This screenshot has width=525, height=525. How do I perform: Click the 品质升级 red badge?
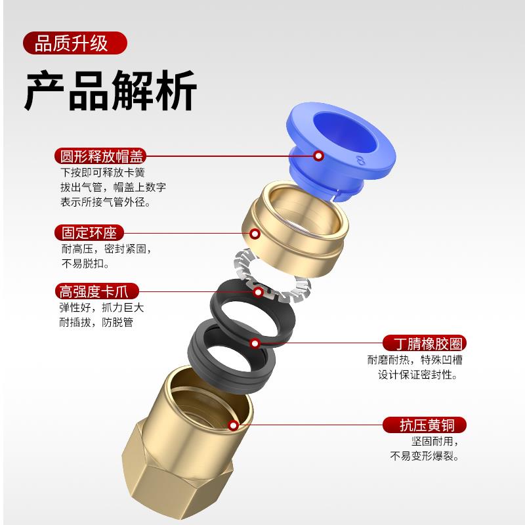[x=74, y=45]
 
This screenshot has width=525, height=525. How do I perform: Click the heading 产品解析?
[x=110, y=93]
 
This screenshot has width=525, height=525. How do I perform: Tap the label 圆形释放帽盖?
[x=100, y=156]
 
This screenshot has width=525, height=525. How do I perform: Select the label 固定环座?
[x=89, y=233]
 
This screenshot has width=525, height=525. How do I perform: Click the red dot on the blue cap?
[x=318, y=156]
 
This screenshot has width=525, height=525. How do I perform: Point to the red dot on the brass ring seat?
[x=254, y=233]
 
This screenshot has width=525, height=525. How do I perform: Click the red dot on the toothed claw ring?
[x=258, y=291]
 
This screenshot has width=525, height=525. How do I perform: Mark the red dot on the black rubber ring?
[x=254, y=343]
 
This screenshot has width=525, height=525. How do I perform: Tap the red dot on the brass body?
[x=233, y=425]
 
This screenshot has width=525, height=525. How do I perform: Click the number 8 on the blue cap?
[x=359, y=161]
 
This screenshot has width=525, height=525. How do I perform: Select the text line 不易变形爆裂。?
[x=425, y=456]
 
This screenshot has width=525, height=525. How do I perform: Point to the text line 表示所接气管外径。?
[x=105, y=202]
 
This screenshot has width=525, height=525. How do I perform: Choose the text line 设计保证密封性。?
[x=417, y=375]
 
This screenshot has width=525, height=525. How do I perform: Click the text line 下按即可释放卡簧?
[x=102, y=173]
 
